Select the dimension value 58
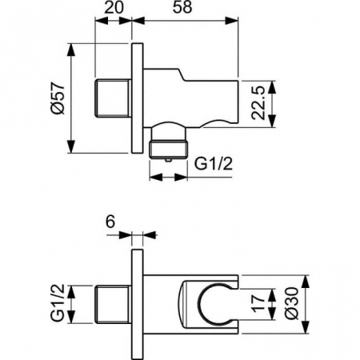[x=189, y=10]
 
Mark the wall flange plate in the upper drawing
[x=137, y=98]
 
